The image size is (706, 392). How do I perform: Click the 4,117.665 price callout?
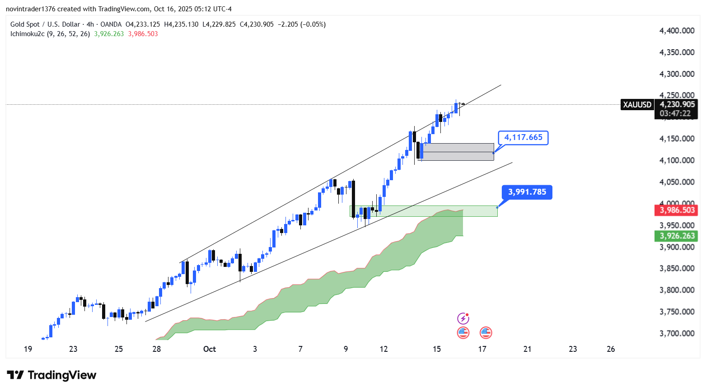(x=523, y=137)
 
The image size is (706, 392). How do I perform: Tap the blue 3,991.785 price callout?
(x=527, y=192)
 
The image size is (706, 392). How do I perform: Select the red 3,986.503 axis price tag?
(x=677, y=210)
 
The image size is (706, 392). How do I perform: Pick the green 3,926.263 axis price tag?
(x=677, y=236)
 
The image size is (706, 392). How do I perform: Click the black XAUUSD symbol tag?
(x=637, y=105)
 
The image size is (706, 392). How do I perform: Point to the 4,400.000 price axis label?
(x=677, y=31)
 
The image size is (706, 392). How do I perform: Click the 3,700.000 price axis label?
(x=677, y=333)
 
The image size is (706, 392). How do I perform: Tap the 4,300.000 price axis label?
(x=677, y=74)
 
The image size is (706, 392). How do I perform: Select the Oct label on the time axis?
(x=210, y=349)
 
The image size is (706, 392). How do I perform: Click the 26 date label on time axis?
(x=611, y=349)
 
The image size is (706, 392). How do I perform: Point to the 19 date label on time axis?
(x=28, y=349)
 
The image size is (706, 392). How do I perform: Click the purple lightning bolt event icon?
(x=463, y=318)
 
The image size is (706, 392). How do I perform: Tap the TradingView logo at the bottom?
(x=51, y=375)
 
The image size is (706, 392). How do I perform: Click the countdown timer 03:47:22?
(x=675, y=114)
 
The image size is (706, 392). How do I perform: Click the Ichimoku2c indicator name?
(x=27, y=34)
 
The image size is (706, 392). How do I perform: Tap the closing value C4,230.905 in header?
(x=256, y=24)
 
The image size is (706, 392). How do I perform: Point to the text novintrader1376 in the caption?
(x=30, y=9)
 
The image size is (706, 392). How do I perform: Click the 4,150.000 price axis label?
(x=677, y=139)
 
